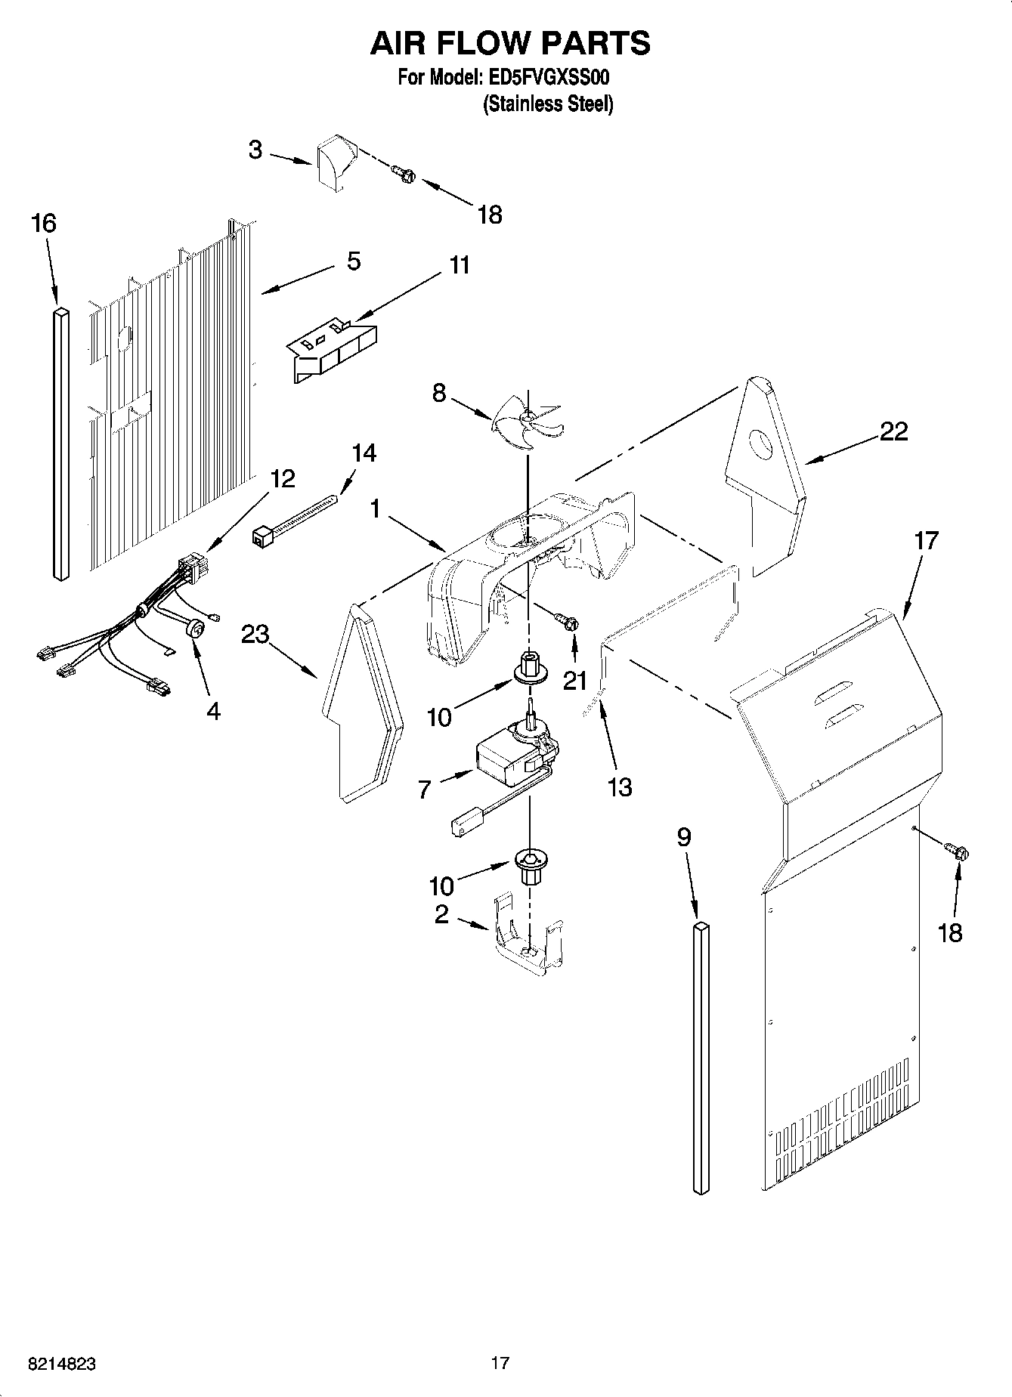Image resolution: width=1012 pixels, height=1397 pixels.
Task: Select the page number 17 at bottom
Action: click(x=500, y=1363)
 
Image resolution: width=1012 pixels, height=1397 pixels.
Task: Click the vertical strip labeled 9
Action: click(x=701, y=1058)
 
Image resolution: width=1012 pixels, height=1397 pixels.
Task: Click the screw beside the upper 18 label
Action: click(x=404, y=175)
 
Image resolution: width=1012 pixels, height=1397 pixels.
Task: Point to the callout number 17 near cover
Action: click(x=925, y=541)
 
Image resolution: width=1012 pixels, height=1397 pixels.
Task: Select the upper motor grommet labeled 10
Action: click(x=529, y=666)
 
